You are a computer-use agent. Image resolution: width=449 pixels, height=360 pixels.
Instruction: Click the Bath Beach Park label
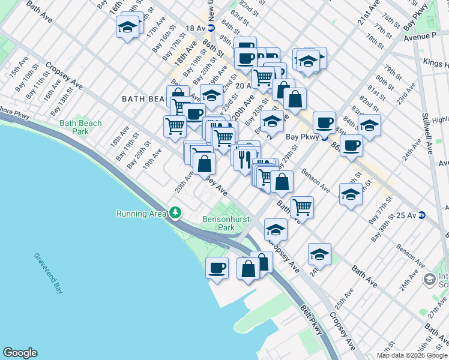pos(80,127)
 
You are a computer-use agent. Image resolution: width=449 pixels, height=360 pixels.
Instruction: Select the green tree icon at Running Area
pos(175,212)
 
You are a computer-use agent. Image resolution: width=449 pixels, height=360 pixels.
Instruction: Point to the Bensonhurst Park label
pos(218,224)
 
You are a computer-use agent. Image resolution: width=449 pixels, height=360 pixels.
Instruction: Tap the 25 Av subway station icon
pos(423,215)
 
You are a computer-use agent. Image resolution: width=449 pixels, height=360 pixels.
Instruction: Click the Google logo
pos(20,353)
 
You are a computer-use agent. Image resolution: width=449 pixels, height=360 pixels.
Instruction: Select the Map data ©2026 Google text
pos(412,355)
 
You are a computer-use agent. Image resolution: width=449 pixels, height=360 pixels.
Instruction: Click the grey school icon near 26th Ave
pos(429,279)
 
